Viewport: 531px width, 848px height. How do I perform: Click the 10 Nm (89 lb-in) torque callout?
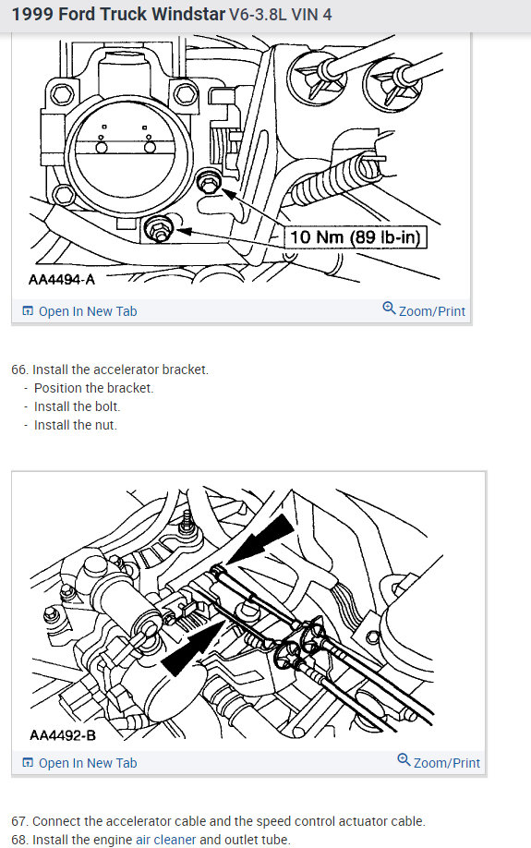coord(356,237)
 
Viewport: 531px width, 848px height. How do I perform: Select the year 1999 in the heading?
coord(31,16)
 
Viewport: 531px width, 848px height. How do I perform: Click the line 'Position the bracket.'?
coord(93,388)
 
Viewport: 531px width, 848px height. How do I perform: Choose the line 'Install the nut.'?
coord(76,425)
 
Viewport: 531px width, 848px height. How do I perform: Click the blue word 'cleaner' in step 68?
coord(175,840)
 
